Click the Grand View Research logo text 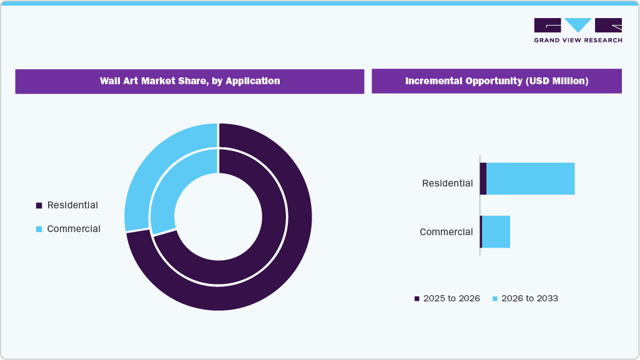[578, 40]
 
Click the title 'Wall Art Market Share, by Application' [190, 81]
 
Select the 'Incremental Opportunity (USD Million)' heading [496, 81]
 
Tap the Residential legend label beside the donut [72, 205]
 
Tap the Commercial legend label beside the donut [74, 229]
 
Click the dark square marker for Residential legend [39, 205]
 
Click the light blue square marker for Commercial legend [39, 229]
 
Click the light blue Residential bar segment [530, 178]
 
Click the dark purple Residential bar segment [483, 178]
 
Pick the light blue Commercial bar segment [496, 232]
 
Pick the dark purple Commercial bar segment [481, 232]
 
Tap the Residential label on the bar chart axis [447, 183]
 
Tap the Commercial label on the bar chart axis [446, 232]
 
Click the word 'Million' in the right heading [568, 81]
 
